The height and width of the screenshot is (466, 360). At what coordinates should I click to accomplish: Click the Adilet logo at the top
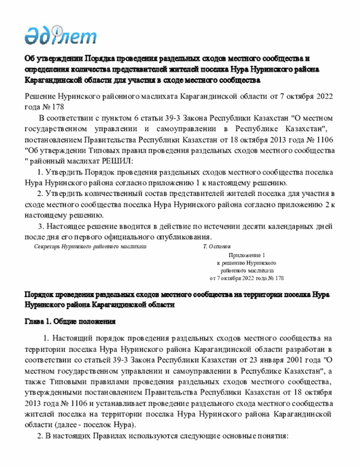pyautogui.click(x=61, y=35)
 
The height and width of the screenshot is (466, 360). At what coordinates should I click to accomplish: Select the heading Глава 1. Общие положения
pyautogui.click(x=70, y=322)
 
